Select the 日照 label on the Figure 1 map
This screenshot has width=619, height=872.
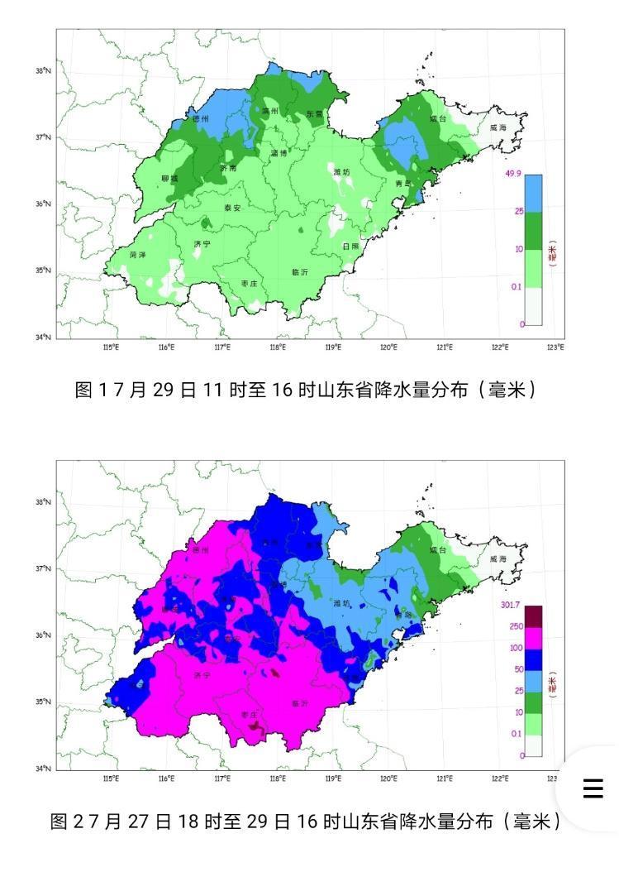pos(350,246)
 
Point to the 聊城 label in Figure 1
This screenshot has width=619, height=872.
pos(169,179)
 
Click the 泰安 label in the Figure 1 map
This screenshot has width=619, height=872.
pos(232,208)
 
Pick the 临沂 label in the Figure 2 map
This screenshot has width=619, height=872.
pos(300,703)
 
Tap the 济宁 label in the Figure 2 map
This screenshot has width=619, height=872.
pos(202,676)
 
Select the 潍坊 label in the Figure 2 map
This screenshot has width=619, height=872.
pos(341,603)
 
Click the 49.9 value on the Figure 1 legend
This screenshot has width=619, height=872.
pos(512,174)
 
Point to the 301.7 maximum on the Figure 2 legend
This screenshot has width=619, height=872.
pos(513,604)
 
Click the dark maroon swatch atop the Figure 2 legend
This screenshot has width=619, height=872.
pos(533,616)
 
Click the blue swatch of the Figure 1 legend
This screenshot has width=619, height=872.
pos(533,194)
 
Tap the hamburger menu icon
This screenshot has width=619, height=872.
pos(593,788)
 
